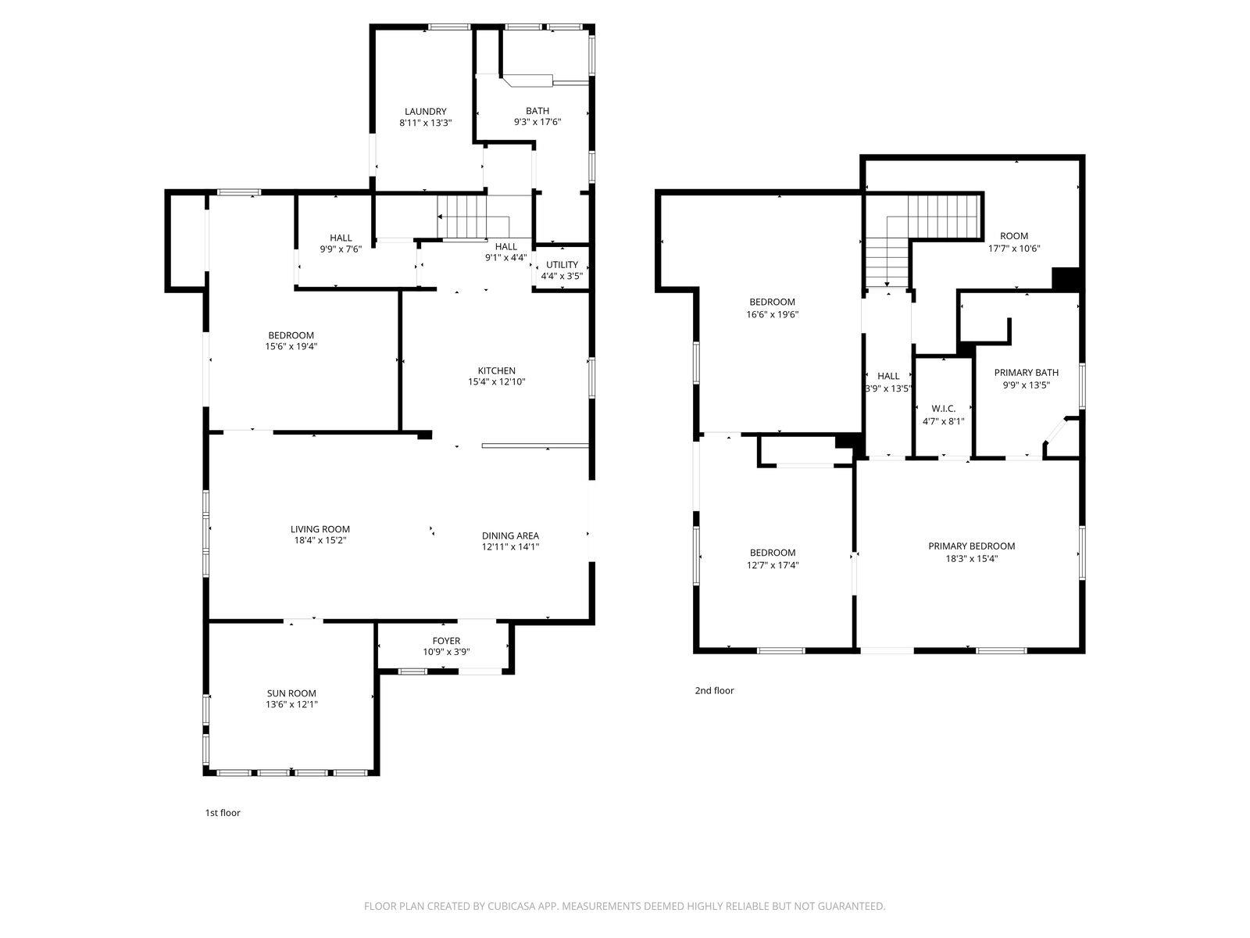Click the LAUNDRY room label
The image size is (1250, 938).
(x=425, y=111)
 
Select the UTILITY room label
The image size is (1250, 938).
(x=562, y=264)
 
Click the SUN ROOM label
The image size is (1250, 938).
(x=291, y=693)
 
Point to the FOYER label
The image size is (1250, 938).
(x=446, y=640)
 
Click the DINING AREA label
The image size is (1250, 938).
(x=510, y=535)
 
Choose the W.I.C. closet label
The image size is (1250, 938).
(x=943, y=409)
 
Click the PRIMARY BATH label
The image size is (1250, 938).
(x=1026, y=372)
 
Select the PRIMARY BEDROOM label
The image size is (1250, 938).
(x=971, y=546)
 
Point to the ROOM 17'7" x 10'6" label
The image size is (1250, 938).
(x=1013, y=236)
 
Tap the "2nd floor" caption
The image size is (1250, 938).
(x=714, y=690)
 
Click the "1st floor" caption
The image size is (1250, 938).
(x=223, y=812)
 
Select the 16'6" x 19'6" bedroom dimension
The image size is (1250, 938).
(x=772, y=314)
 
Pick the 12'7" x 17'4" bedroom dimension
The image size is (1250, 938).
(x=772, y=564)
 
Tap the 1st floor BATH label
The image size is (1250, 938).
(x=537, y=111)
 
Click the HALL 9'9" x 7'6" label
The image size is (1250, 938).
(x=340, y=238)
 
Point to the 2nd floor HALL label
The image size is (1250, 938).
(x=888, y=376)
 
